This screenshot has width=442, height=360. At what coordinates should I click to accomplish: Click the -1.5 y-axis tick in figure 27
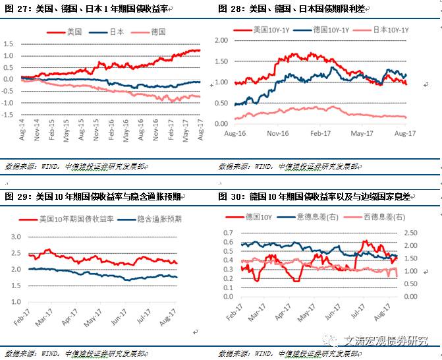(x=9, y=115)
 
